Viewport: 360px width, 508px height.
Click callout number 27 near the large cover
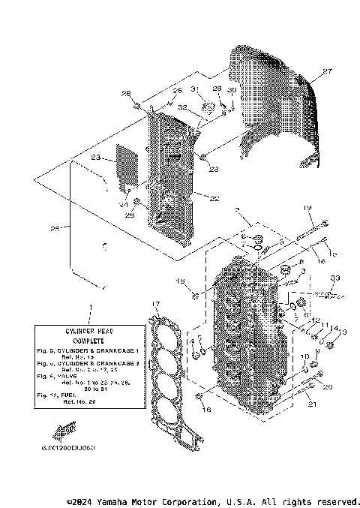(326, 72)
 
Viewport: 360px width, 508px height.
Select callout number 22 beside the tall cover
(214, 199)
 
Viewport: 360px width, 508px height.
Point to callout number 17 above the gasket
(155, 304)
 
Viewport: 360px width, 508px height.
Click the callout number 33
(334, 278)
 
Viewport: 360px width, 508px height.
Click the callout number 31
(193, 89)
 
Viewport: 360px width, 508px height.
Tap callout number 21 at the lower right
(312, 405)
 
